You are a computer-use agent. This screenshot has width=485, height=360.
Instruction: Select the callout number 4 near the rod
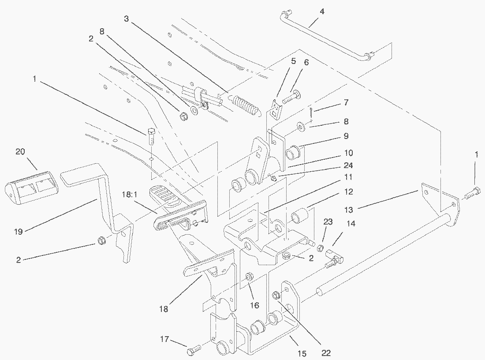[x=322, y=11]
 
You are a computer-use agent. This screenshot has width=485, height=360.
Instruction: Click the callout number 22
[x=326, y=352]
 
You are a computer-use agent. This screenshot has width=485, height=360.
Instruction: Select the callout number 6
[x=306, y=62]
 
